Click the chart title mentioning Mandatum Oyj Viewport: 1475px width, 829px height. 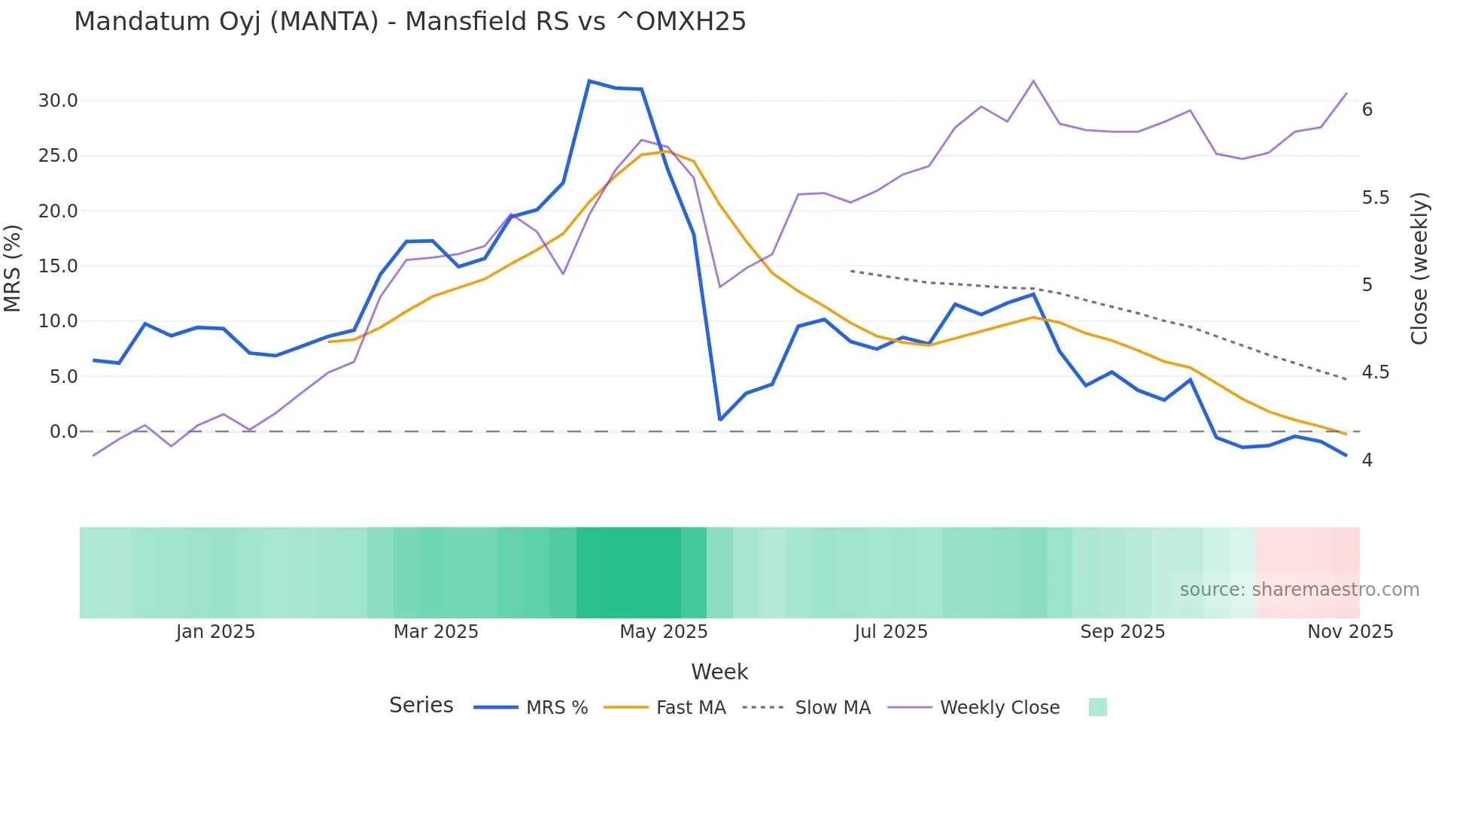[x=409, y=22]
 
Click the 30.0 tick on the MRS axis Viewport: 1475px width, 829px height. [x=58, y=101]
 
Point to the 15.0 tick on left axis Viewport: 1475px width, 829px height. [x=58, y=266]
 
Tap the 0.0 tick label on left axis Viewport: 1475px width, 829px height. [x=63, y=432]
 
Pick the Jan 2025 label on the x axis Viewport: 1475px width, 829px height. [x=215, y=632]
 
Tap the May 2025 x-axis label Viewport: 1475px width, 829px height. [x=663, y=632]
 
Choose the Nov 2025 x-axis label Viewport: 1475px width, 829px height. [x=1350, y=632]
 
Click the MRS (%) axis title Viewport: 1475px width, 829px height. [x=13, y=268]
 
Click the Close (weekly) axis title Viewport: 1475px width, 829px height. [x=1419, y=269]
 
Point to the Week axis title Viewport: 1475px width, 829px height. [x=719, y=672]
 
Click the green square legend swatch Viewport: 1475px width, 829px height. [x=1097, y=707]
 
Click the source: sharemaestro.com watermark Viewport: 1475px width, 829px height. [x=1299, y=590]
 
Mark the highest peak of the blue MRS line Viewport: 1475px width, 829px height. [x=589, y=80]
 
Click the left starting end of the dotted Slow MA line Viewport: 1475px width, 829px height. [x=851, y=271]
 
